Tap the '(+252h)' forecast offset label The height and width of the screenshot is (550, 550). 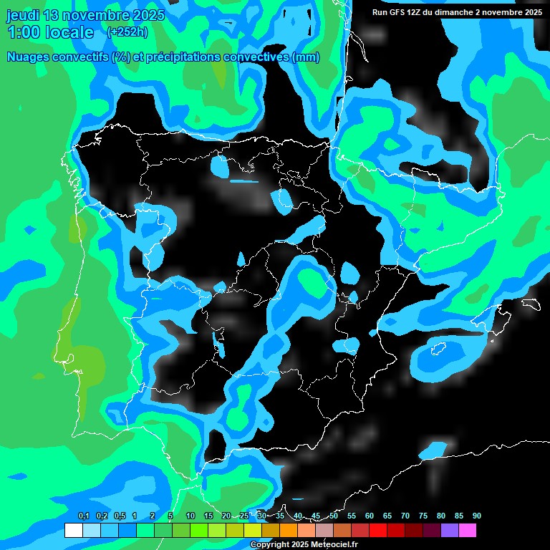click(x=127, y=32)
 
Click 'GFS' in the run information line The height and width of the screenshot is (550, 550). click(x=396, y=12)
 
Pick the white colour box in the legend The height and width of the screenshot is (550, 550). click(x=73, y=531)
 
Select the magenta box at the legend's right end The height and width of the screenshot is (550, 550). click(x=467, y=531)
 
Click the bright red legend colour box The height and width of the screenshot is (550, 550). click(x=377, y=531)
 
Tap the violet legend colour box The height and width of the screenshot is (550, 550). click(x=449, y=531)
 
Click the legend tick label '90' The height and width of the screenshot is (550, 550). click(x=476, y=516)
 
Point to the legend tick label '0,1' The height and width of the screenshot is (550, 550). click(x=83, y=516)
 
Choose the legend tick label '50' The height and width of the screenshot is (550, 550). click(x=334, y=516)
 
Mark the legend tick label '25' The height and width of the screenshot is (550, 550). click(x=244, y=516)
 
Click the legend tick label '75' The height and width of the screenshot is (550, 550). click(x=423, y=516)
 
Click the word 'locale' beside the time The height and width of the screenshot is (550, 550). click(x=69, y=32)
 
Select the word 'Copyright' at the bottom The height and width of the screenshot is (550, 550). click(x=271, y=545)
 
